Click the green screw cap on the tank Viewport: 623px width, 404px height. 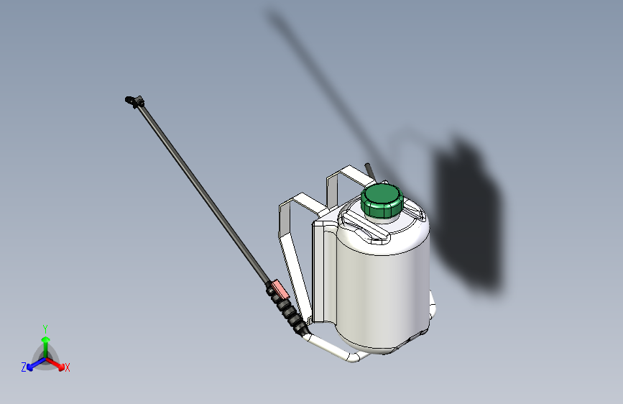381,201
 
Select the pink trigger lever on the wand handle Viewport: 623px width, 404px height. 277,290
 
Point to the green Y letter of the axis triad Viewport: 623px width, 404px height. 45,327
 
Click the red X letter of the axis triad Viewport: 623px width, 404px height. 68,367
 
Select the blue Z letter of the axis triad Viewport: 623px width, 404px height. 24,367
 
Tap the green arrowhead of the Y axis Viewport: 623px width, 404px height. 45,340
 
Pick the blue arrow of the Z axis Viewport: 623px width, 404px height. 33,364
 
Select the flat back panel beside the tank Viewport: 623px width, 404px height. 323,273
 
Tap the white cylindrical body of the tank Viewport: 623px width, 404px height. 381,288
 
